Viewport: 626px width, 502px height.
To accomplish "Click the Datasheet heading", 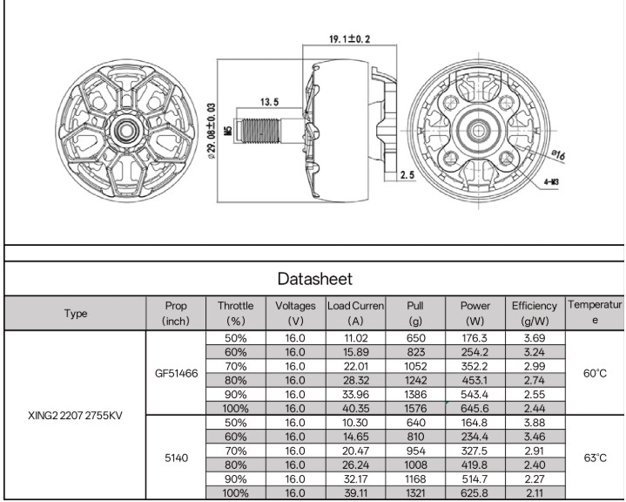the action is click(x=315, y=279).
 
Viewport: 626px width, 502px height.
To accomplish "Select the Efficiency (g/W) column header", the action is click(x=535, y=313).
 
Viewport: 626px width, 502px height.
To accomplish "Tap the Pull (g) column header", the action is click(x=415, y=313).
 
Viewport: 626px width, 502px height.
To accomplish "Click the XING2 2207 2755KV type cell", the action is click(x=75, y=415).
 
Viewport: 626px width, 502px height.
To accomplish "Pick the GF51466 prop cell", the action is click(x=176, y=373).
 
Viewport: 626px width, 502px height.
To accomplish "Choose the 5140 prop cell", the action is click(x=176, y=458).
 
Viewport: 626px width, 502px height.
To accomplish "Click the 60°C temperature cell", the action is click(x=595, y=373).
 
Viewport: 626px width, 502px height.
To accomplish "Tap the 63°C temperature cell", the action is click(x=595, y=458).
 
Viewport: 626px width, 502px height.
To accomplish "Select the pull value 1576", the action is click(x=415, y=409).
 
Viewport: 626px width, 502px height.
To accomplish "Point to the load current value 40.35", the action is click(x=355, y=409).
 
